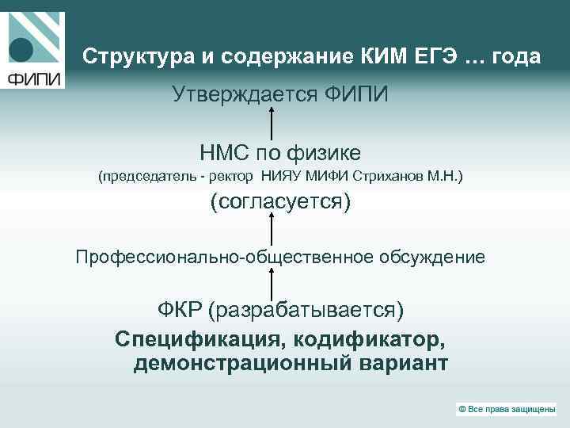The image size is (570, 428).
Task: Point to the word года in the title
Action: (516, 58)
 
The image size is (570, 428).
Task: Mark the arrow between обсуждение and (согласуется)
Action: (272, 230)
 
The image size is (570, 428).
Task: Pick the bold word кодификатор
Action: (370, 338)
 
